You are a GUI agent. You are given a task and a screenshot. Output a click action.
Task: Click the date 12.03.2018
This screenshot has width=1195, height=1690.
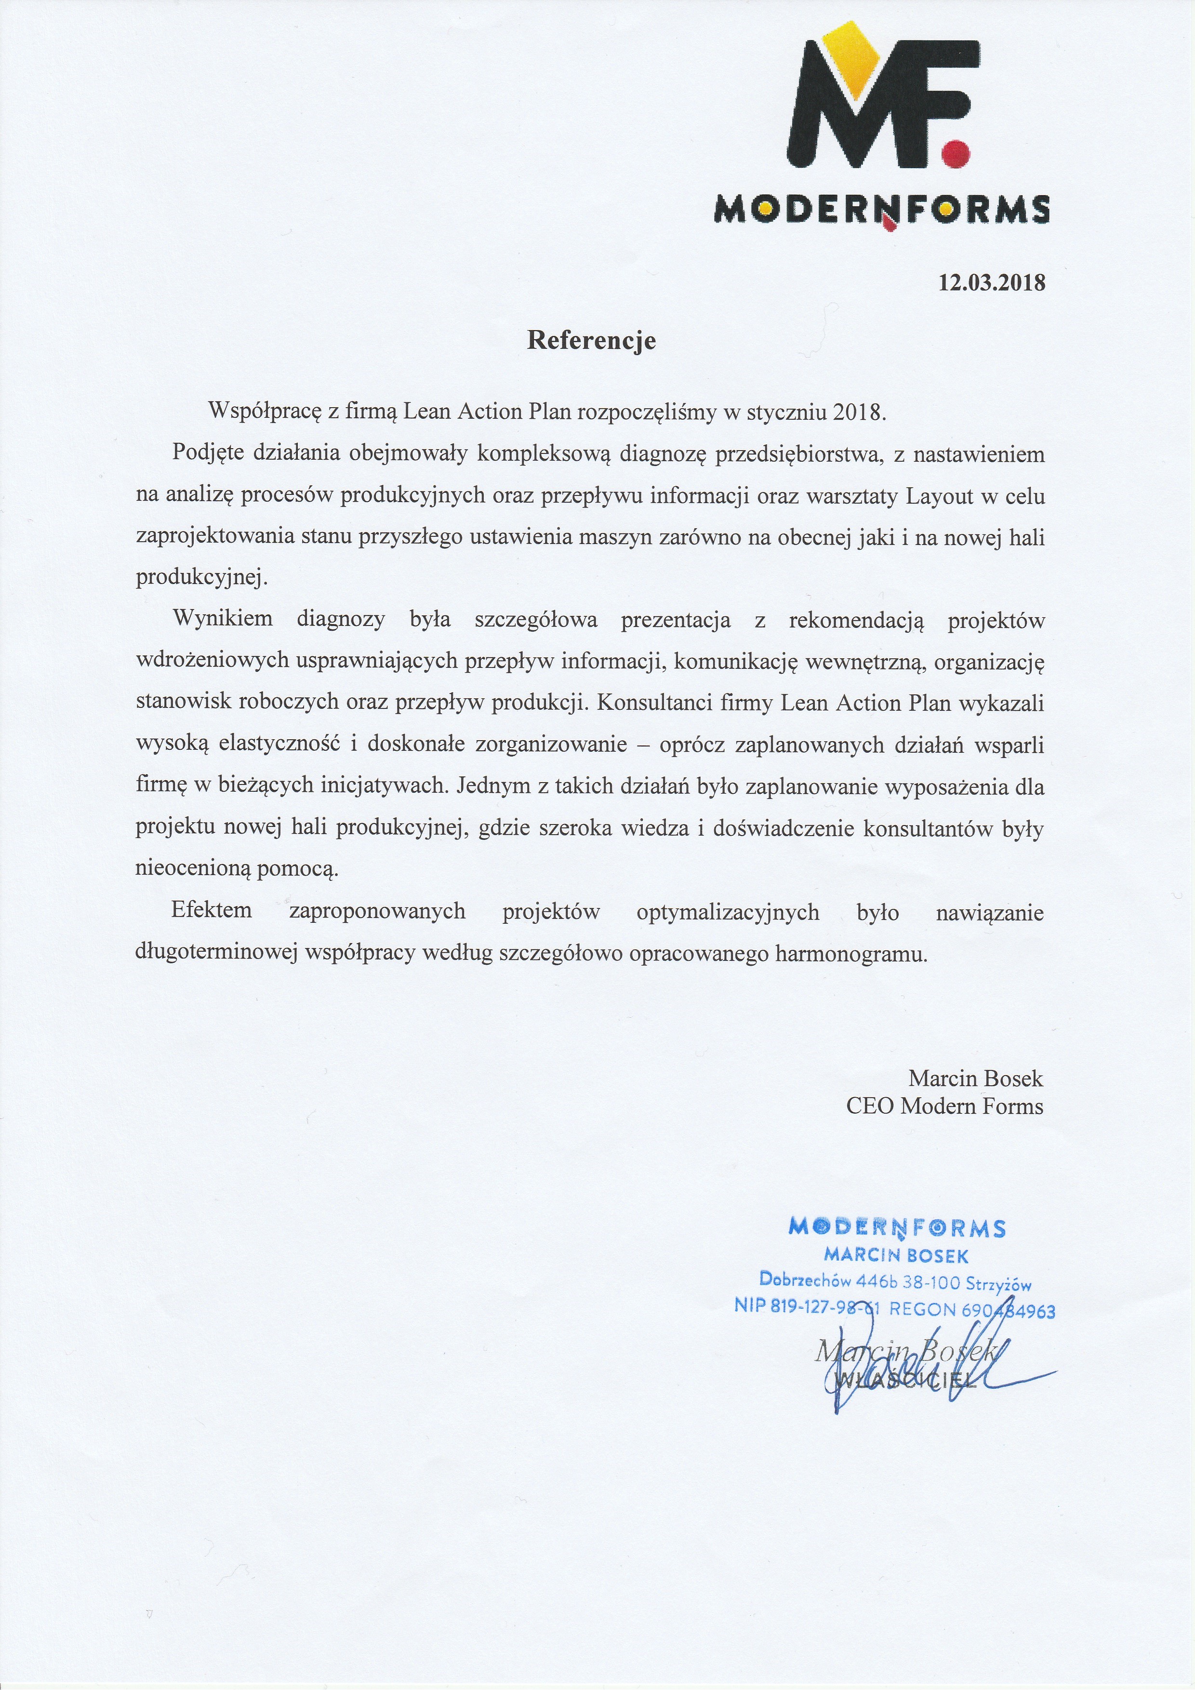point(991,283)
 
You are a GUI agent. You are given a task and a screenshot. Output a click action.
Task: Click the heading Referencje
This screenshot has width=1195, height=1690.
point(591,341)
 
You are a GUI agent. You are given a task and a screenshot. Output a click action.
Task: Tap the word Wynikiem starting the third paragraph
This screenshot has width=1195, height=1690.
point(222,619)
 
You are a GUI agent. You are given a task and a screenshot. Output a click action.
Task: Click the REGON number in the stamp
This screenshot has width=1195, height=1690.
point(972,1309)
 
